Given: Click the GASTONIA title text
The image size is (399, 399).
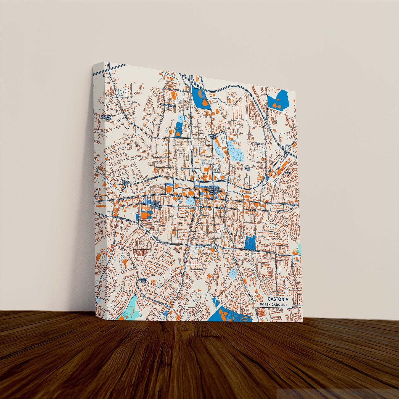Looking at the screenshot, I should pyautogui.click(x=278, y=299).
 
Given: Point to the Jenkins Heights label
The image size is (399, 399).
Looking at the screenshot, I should pyautogui.click(x=106, y=117).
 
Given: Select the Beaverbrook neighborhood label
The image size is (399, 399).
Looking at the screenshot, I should pyautogui.click(x=168, y=105).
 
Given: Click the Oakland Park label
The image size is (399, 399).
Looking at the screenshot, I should pyautogui.click(x=213, y=136).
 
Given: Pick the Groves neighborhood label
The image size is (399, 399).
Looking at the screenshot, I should pyautogui.click(x=259, y=144).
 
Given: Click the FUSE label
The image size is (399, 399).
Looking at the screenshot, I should pyautogui.click(x=179, y=196).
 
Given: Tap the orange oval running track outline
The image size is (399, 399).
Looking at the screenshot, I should pyautogui.click(x=169, y=235).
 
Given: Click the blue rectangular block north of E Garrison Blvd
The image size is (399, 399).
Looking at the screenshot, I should pyautogui.click(x=250, y=242).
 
